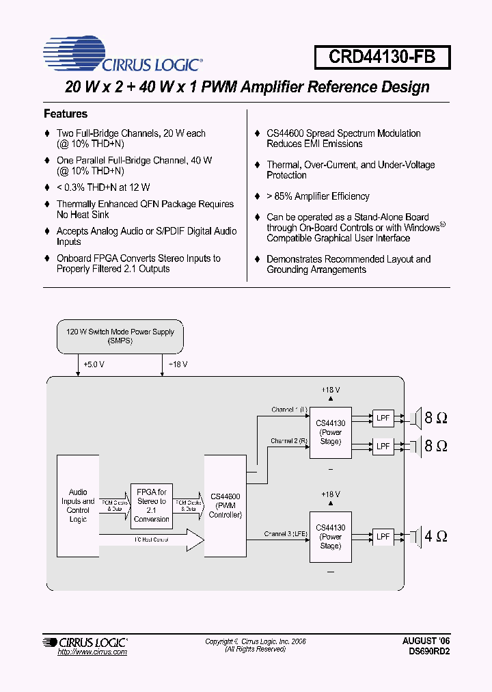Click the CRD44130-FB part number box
(382, 57)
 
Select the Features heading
(66, 114)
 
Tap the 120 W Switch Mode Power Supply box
(120, 336)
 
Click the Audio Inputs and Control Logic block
(78, 506)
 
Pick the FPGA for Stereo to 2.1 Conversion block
(152, 505)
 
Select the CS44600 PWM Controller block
(225, 506)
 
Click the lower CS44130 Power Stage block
(330, 537)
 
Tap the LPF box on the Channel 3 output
(383, 537)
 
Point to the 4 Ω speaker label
(436, 536)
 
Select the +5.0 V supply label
(94, 365)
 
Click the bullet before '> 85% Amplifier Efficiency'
(257, 197)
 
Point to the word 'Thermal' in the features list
(283, 165)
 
